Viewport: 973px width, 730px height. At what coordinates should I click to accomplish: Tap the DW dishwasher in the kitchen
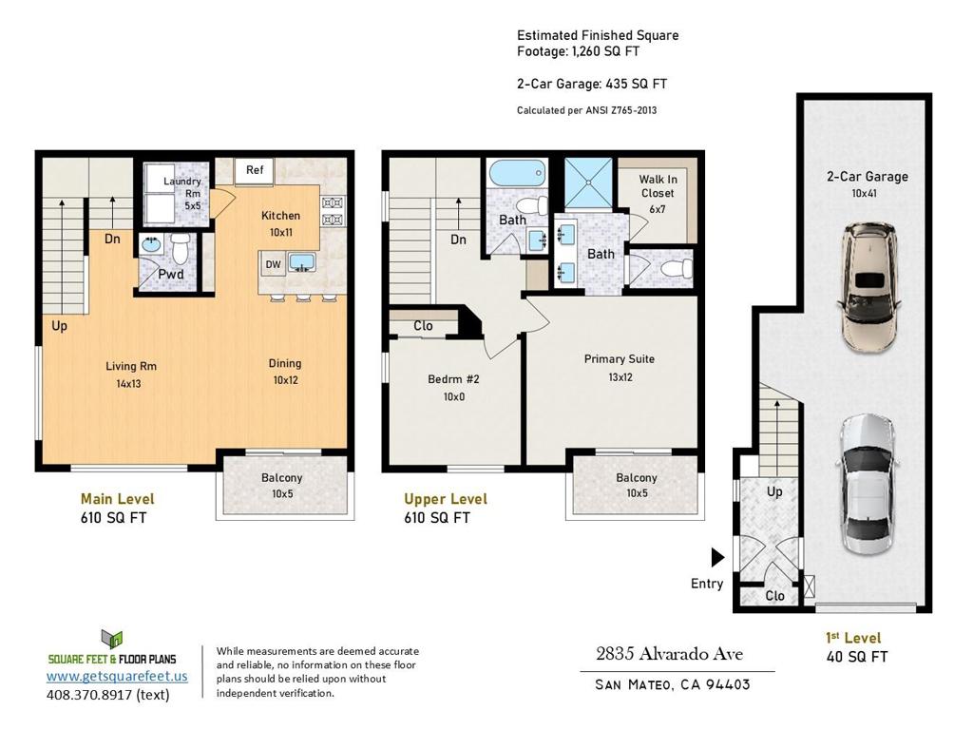(x=273, y=264)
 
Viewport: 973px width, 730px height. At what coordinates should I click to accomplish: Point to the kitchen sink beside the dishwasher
(x=301, y=261)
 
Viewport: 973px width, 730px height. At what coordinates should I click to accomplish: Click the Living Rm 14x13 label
(x=130, y=375)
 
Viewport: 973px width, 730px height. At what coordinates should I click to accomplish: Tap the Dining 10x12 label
(x=285, y=372)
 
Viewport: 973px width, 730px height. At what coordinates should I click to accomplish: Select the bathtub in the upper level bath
(x=517, y=173)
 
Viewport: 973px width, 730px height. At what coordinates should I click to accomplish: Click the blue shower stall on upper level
(x=588, y=183)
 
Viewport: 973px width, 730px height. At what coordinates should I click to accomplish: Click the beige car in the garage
(x=868, y=287)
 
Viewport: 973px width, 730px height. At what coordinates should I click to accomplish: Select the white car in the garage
(x=868, y=485)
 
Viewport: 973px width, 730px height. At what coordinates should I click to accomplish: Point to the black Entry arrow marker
(x=718, y=557)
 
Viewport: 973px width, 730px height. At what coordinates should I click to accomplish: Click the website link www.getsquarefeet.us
(x=117, y=676)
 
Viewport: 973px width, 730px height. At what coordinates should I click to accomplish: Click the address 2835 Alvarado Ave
(x=670, y=654)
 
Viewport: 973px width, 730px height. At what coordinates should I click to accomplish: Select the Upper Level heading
(x=446, y=499)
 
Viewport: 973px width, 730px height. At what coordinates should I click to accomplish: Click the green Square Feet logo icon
(x=112, y=640)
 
